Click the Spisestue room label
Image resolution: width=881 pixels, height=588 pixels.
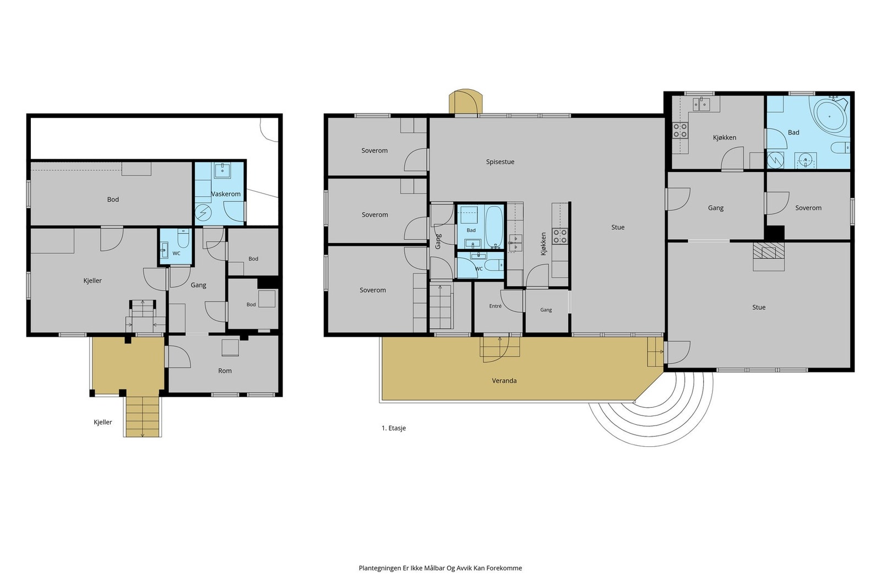pos(500,162)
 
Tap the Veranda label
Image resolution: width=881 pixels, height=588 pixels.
pos(504,381)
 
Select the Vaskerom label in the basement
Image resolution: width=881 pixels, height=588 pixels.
pos(226,194)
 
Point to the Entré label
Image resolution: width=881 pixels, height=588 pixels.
pos(495,306)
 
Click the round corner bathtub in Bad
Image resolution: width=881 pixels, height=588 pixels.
pos(830,116)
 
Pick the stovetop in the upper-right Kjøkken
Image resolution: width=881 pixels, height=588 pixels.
pos(680,130)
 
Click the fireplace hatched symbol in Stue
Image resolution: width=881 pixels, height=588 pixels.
pos(769,251)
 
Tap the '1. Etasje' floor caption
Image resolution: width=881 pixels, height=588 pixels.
pos(393,428)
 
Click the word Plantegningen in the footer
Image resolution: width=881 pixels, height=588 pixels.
pos(379,568)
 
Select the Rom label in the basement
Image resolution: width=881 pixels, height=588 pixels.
pos(225,371)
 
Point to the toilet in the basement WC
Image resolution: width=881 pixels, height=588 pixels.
pos(183,239)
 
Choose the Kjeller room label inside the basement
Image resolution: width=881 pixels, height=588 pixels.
pos(93,280)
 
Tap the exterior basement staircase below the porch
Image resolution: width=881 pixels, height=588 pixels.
pos(143,417)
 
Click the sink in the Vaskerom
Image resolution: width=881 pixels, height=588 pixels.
pos(222,171)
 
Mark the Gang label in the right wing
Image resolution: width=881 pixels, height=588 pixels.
pos(715,208)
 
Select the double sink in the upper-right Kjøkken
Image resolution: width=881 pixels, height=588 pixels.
pos(701,105)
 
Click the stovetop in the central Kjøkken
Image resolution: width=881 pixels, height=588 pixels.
pos(559,236)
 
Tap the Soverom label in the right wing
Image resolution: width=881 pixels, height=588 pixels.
pos(808,208)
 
